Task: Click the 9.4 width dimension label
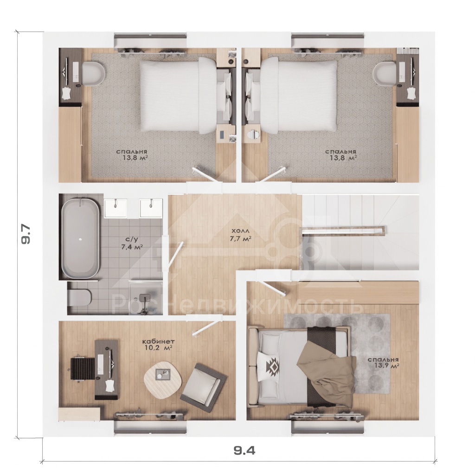click(x=244, y=451)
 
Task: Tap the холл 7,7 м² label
click(x=240, y=235)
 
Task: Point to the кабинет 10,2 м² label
click(x=159, y=345)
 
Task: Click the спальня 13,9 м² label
click(x=383, y=363)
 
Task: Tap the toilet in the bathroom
click(x=79, y=298)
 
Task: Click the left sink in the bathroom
click(x=116, y=208)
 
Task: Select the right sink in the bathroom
click(x=151, y=208)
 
